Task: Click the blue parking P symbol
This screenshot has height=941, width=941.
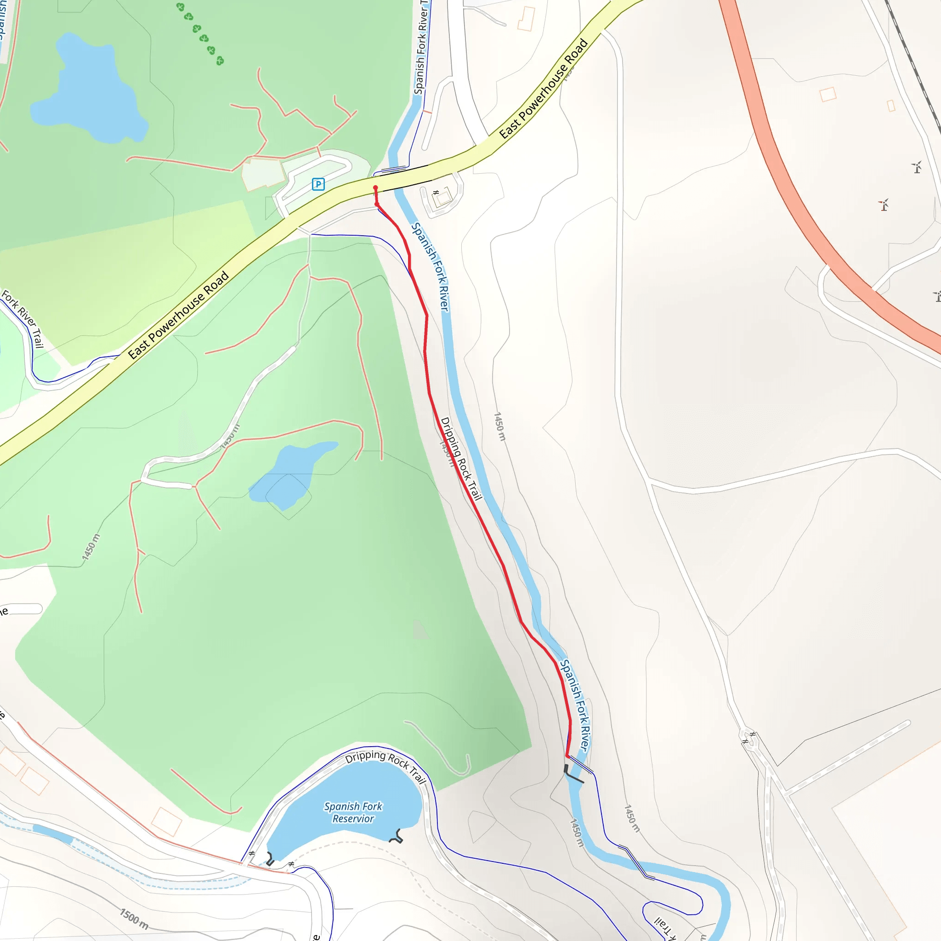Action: [318, 184]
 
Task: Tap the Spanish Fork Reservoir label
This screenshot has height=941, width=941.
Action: [353, 812]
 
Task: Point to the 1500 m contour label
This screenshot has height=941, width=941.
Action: [134, 918]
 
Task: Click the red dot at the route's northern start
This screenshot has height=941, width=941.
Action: [375, 187]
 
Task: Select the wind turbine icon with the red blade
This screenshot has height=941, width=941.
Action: [884, 204]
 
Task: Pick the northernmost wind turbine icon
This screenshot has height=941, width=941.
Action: [917, 167]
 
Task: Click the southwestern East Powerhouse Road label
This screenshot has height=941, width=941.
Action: [178, 315]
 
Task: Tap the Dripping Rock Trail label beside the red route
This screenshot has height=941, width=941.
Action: [461, 458]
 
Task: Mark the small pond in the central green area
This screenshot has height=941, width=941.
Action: [290, 472]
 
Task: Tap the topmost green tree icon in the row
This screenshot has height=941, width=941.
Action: [180, 7]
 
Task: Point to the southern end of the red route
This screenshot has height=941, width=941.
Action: [567, 756]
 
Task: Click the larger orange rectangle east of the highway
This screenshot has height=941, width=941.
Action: [828, 94]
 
